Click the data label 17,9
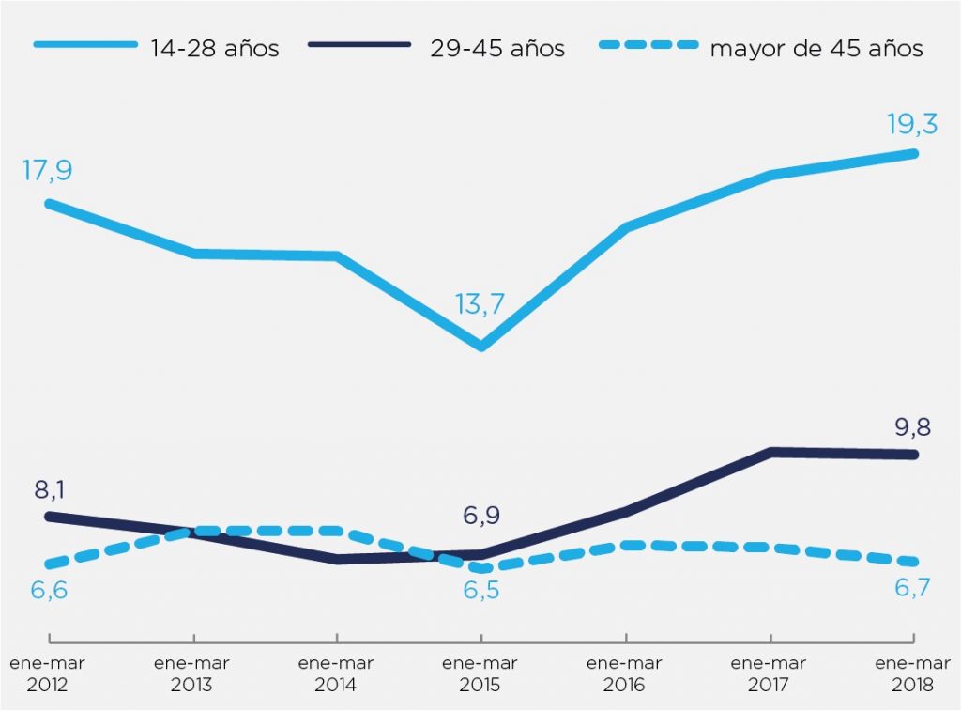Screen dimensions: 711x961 [x=46, y=171]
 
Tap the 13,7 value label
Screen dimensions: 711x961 [x=480, y=304]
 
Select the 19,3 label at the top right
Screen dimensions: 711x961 [x=912, y=123]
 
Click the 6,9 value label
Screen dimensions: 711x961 [x=480, y=516]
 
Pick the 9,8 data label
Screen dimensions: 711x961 [x=914, y=426]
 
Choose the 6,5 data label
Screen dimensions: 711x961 [x=480, y=592]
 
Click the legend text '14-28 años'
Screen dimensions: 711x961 [x=214, y=49]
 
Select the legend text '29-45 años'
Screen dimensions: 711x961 [x=497, y=49]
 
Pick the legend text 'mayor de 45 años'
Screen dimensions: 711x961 [x=816, y=49]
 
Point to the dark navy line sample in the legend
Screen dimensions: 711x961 [x=361, y=45]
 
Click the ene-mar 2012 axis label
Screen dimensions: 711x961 [x=48, y=673]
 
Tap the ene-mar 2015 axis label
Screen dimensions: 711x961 [x=480, y=673]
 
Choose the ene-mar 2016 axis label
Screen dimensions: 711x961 [x=624, y=673]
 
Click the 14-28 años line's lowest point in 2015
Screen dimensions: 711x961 [x=480, y=347]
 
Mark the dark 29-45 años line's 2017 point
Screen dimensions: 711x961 [x=770, y=452]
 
